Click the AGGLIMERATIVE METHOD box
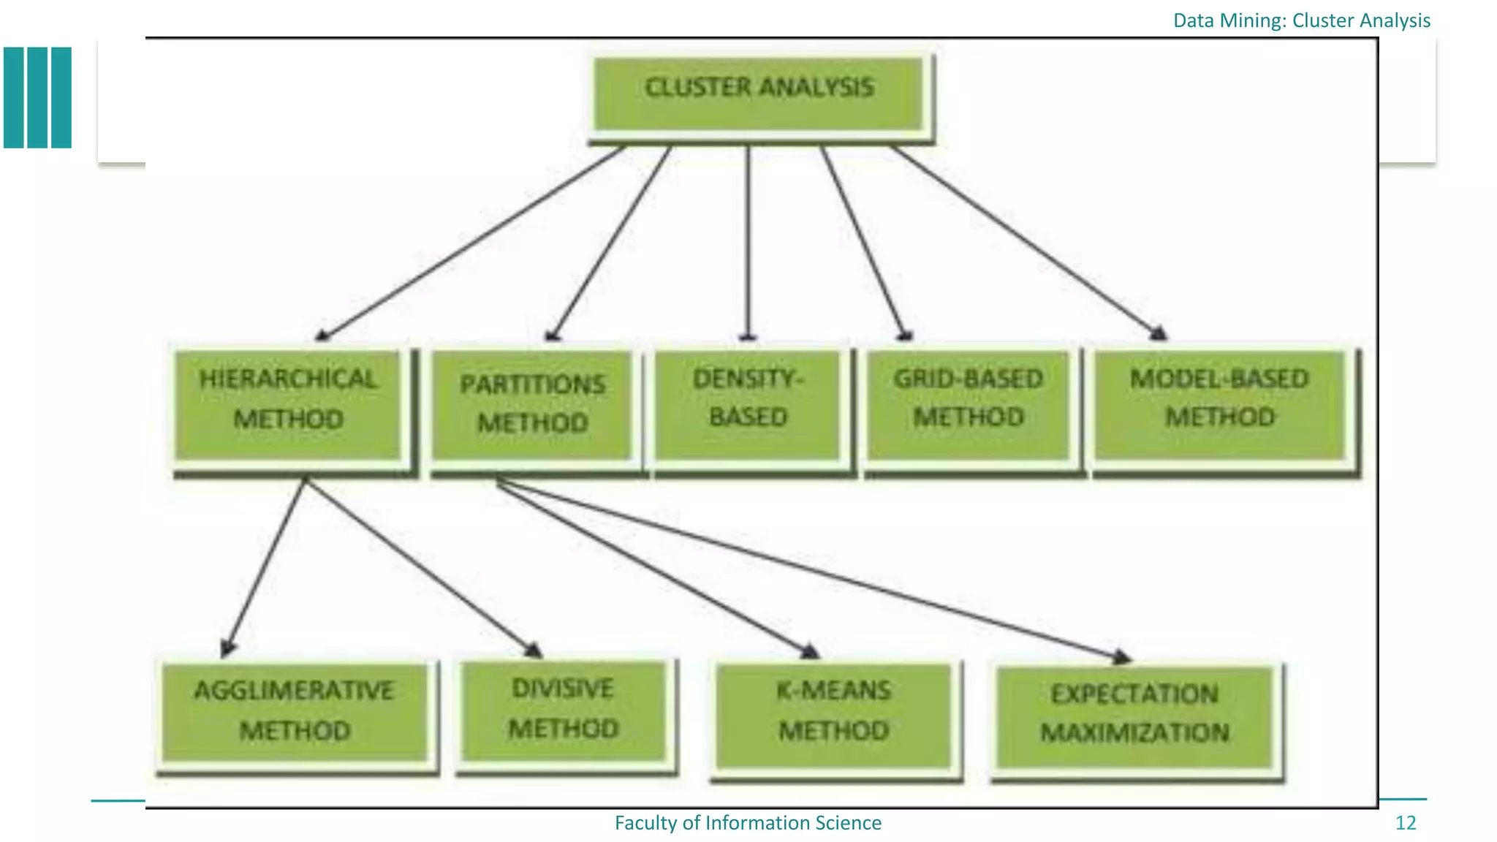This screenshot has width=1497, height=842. coord(294,713)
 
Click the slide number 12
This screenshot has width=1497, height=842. coord(1405,823)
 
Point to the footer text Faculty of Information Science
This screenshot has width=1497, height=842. coord(748,823)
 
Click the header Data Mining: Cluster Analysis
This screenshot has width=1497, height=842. coord(1301,20)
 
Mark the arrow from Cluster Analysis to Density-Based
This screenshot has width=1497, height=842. coord(748,241)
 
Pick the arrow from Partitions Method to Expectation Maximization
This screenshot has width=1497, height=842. coord(811,570)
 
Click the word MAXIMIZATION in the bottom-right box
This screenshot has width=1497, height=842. coord(1134,733)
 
